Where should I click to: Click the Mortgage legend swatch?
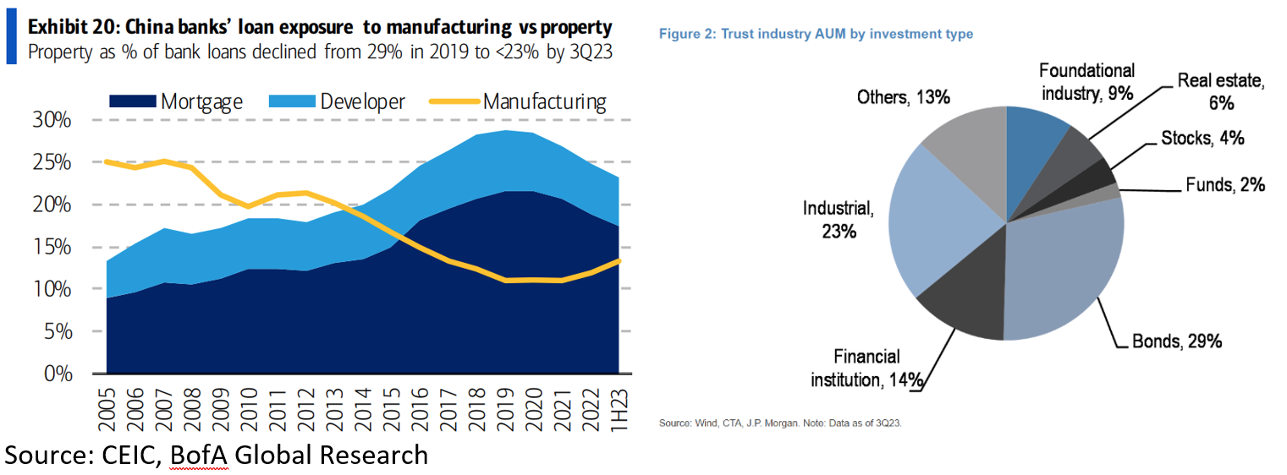[133, 102]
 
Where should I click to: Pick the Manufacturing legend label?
[544, 102]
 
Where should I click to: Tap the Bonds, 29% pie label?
[1177, 342]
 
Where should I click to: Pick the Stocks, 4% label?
[1202, 139]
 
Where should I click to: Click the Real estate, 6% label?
[1220, 92]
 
